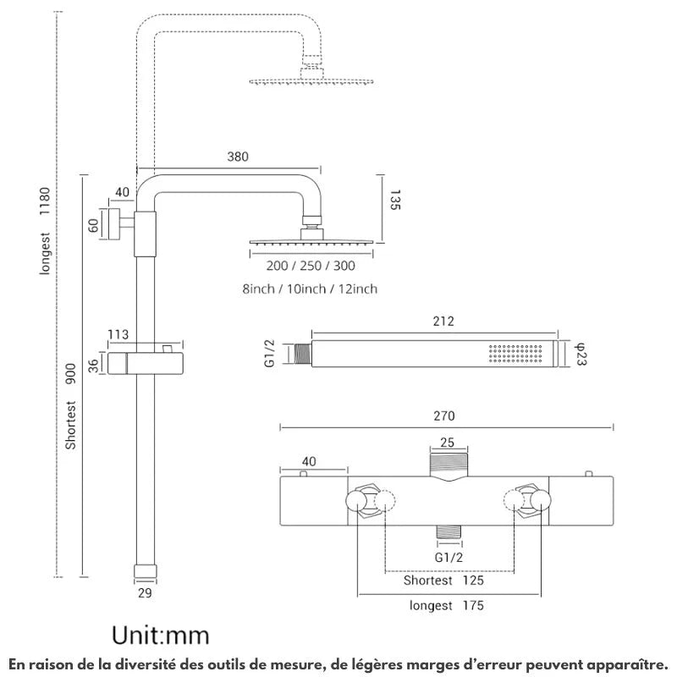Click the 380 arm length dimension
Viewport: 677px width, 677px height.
[239, 157]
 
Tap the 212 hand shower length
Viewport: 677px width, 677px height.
[443, 321]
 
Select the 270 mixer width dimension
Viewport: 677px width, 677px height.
[444, 416]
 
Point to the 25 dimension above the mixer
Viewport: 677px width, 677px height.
[449, 441]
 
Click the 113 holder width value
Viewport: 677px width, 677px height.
[118, 334]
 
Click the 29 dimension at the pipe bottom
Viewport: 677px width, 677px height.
[144, 592]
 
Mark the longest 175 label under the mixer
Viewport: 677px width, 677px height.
[446, 606]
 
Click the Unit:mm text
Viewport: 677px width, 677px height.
[162, 633]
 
